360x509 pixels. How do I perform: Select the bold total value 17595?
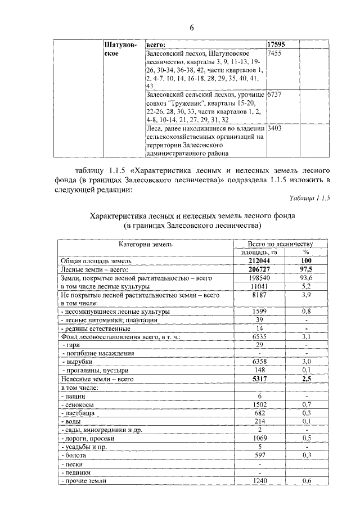click(278, 44)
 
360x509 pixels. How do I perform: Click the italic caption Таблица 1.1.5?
click(309, 199)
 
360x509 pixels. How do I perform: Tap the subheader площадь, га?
click(259, 253)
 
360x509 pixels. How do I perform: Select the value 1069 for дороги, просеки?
click(259, 438)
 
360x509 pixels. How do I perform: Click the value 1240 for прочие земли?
click(259, 480)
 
